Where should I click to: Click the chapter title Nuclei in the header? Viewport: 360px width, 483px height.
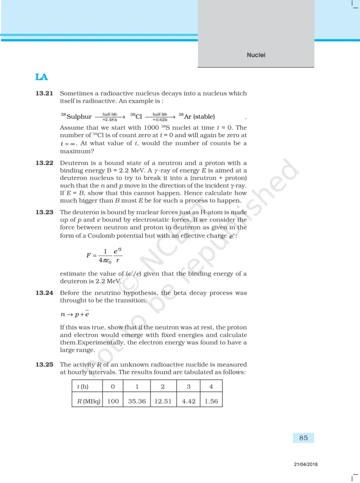256,55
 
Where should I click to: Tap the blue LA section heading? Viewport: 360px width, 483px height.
41,77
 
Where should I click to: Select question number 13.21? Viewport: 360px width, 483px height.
44,93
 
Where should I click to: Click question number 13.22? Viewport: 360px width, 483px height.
44,163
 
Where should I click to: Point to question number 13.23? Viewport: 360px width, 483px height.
44,212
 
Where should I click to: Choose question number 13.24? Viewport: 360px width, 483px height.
44,293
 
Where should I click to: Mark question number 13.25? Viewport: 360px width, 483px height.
44,365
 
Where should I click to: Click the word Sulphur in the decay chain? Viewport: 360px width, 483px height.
79,117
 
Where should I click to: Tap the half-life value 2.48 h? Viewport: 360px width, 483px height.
110,120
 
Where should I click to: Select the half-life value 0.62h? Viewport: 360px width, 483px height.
160,120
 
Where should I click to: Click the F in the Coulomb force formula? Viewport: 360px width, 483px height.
88,255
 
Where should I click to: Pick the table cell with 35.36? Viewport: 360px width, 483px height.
137,401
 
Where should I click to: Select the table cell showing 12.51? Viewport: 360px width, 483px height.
163,401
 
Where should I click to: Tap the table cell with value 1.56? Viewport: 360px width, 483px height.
211,401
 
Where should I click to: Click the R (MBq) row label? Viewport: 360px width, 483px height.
89,401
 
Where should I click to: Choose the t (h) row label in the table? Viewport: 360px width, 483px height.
83,387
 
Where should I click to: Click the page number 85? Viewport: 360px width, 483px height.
303,438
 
